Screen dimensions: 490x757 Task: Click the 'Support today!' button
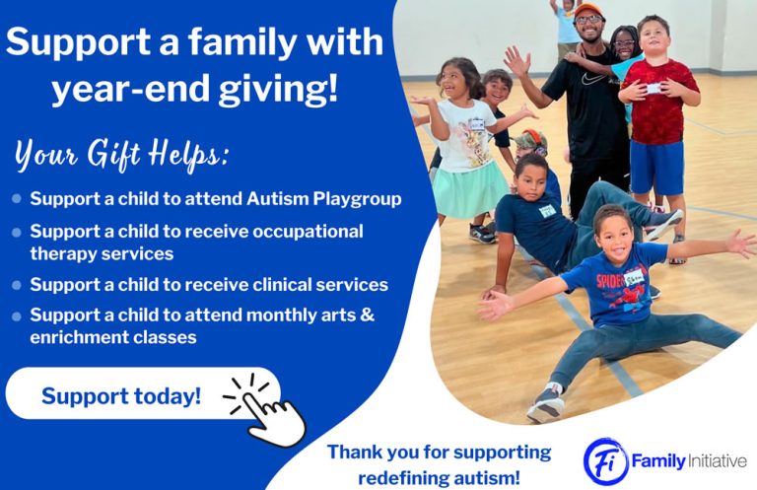[120, 396]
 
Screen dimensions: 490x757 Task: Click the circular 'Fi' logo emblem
[604, 460]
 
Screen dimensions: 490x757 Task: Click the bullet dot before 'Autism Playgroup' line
[16, 198]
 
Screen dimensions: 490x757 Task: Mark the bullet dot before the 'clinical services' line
[16, 285]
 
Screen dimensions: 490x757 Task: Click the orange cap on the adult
[587, 10]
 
